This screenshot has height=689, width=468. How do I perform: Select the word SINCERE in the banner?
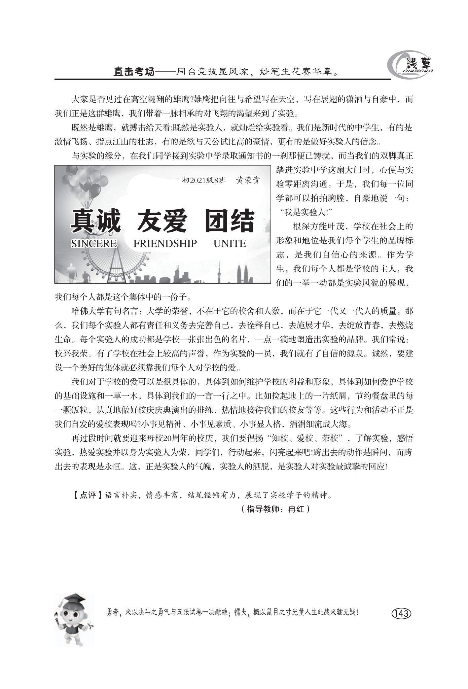tap(94, 244)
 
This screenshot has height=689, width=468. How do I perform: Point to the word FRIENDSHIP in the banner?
tap(165, 244)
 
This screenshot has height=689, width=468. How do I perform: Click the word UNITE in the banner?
tap(230, 244)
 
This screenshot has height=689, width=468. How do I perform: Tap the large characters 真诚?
tap(96, 221)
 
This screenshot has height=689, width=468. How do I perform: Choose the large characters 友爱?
tap(162, 221)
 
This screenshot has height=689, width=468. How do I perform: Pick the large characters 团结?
tap(229, 221)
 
